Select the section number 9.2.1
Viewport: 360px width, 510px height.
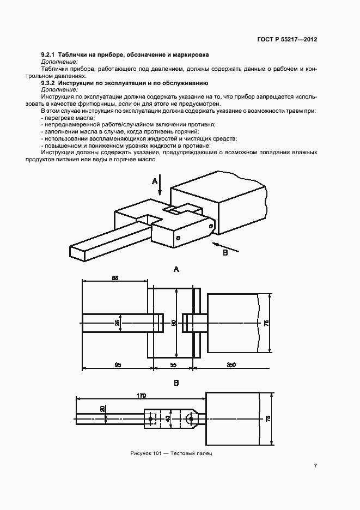point(49,56)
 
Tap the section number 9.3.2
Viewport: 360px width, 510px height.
point(49,83)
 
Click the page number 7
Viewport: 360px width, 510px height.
point(316,465)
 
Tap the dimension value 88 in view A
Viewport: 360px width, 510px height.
point(115,278)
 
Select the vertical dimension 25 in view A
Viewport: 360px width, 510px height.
point(117,323)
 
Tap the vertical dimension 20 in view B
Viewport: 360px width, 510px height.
point(102,409)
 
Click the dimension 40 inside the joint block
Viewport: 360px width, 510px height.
point(168,418)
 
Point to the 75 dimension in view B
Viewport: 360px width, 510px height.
point(267,419)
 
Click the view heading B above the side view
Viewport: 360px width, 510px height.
point(176,383)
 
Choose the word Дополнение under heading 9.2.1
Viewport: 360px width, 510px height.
point(59,62)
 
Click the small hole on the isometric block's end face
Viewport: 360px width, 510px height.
point(178,238)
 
